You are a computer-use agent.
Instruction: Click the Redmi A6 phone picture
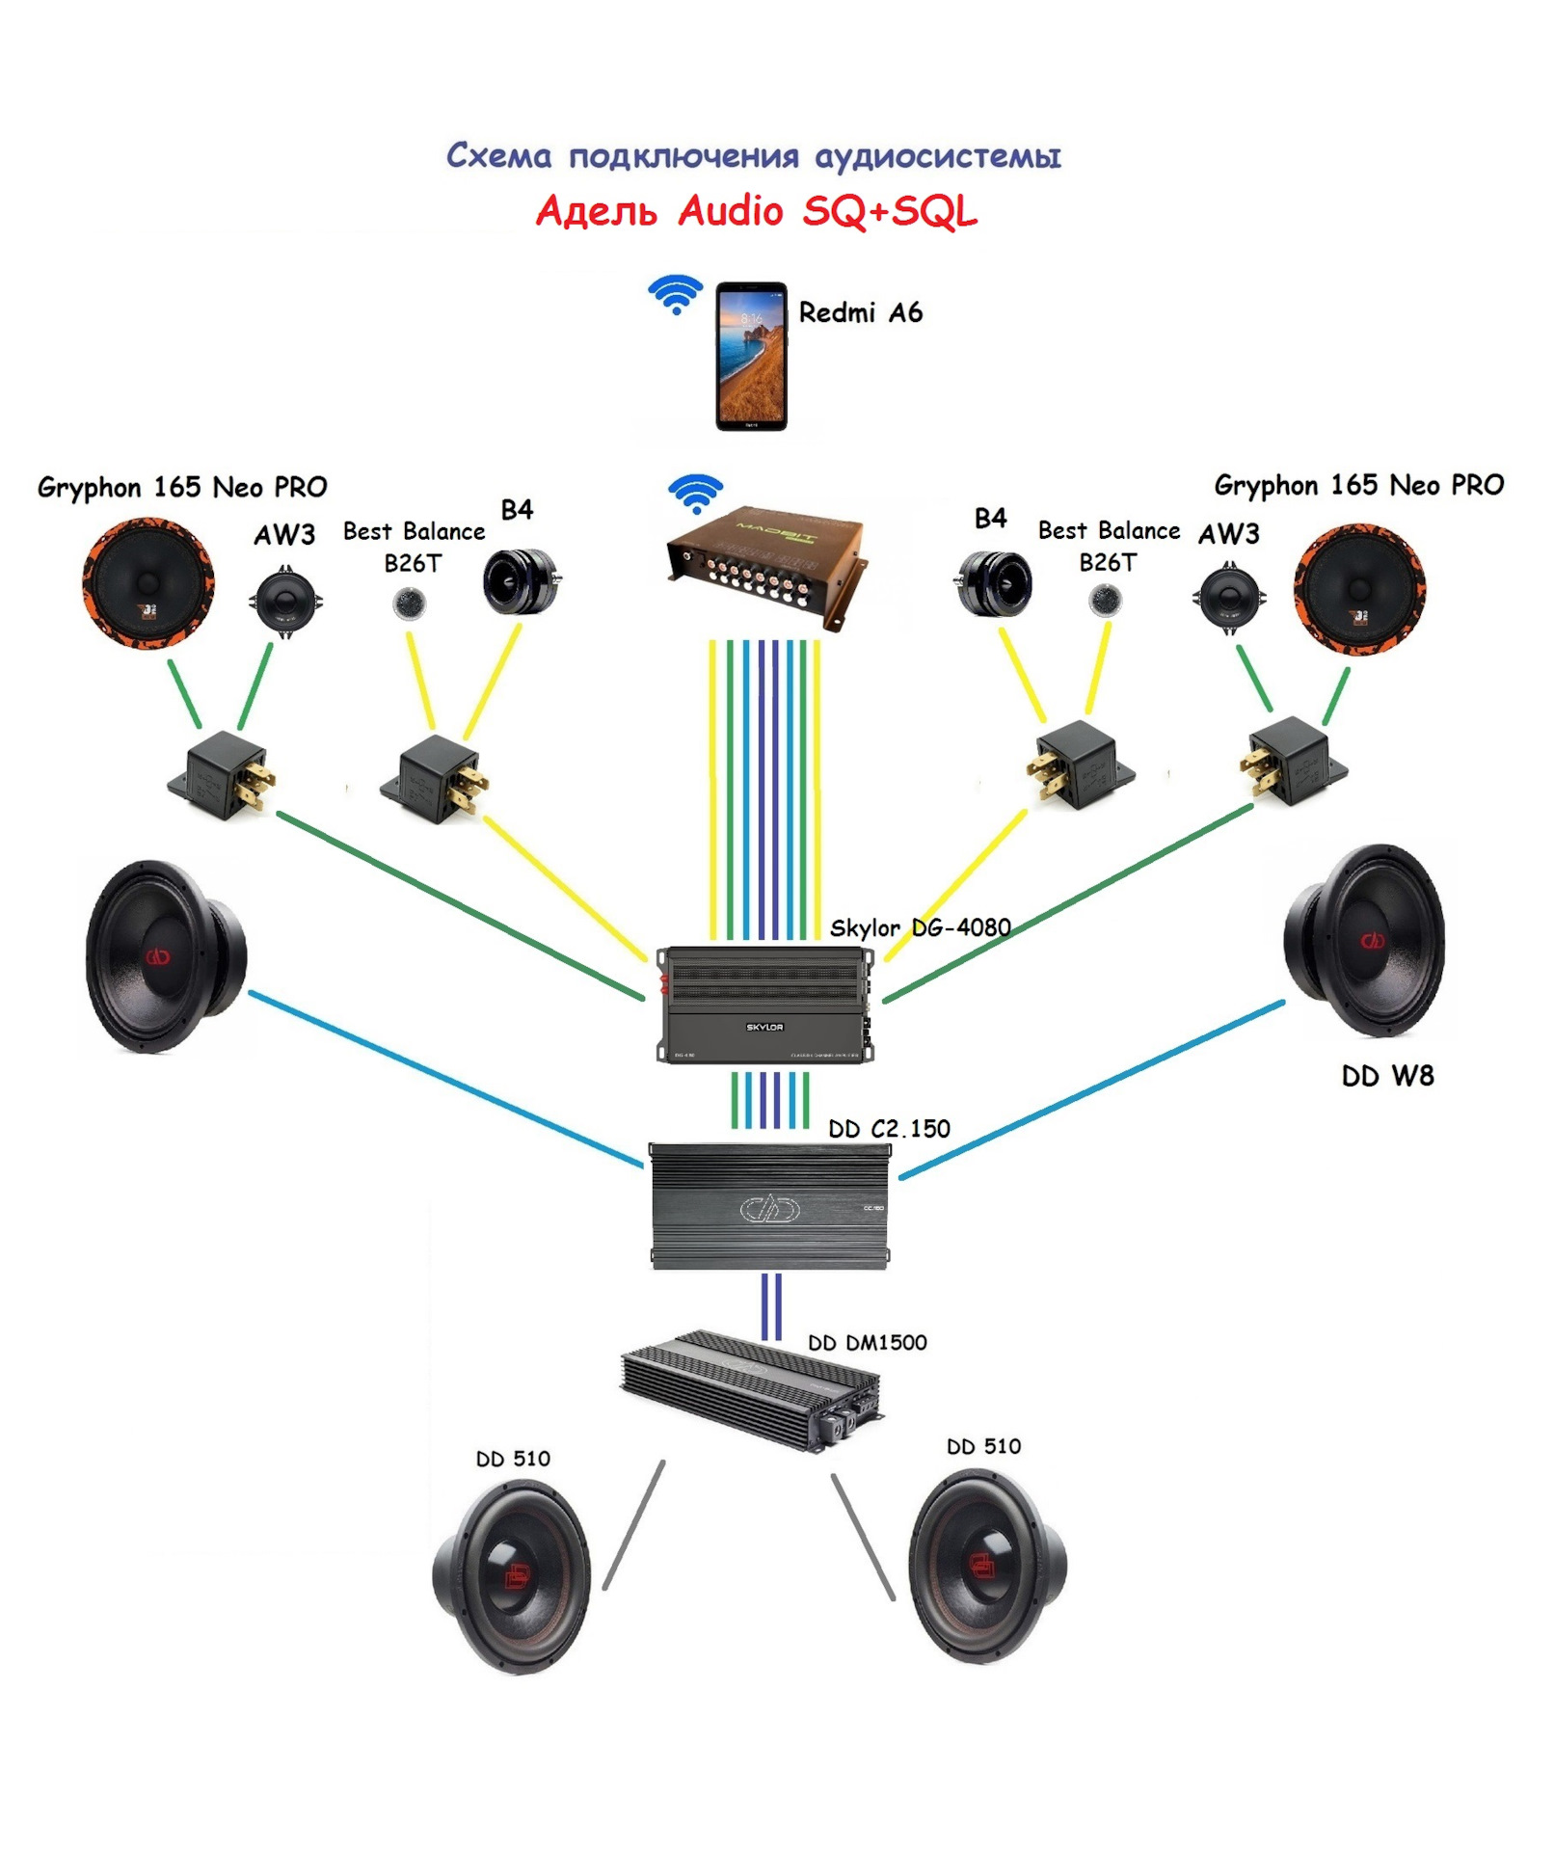751,356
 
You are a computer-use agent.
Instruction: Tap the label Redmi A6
860,312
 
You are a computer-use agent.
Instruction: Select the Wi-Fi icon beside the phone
676,293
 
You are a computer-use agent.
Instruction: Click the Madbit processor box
765,565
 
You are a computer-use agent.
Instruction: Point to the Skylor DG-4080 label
920,927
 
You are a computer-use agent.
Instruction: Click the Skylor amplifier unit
764,1005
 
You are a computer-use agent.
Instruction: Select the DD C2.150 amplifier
769,1207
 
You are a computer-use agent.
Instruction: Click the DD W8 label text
1386,1076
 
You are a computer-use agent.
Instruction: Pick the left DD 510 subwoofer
512,1575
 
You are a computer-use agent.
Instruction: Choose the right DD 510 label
983,1446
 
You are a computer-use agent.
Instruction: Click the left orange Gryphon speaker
147,583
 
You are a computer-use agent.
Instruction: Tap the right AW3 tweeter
1229,599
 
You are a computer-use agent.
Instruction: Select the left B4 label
517,509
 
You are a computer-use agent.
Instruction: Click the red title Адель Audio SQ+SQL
756,211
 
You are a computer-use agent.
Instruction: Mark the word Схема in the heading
498,156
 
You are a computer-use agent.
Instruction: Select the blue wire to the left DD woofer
443,1080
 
